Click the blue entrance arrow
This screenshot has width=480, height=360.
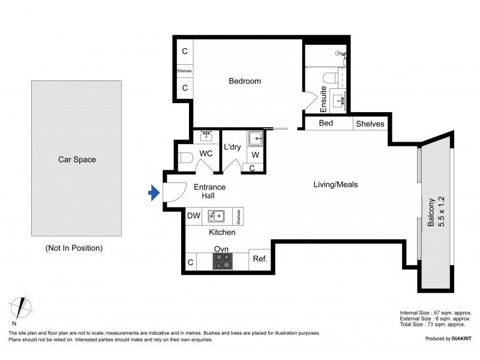click(154, 193)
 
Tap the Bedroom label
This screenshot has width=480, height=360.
click(245, 81)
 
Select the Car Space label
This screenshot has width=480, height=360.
click(77, 160)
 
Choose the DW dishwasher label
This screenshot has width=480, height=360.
click(193, 215)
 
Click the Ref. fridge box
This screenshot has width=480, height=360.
click(260, 259)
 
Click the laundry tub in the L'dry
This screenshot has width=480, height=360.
click(256, 139)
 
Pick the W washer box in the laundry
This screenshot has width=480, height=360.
click(256, 155)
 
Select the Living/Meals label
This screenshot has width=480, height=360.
click(335, 185)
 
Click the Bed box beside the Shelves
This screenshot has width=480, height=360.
click(326, 124)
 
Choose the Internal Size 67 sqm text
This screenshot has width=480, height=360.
click(436, 313)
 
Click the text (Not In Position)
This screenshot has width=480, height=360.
click(74, 248)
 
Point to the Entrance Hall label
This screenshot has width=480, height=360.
click(209, 191)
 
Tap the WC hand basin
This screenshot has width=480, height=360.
click(207, 136)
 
